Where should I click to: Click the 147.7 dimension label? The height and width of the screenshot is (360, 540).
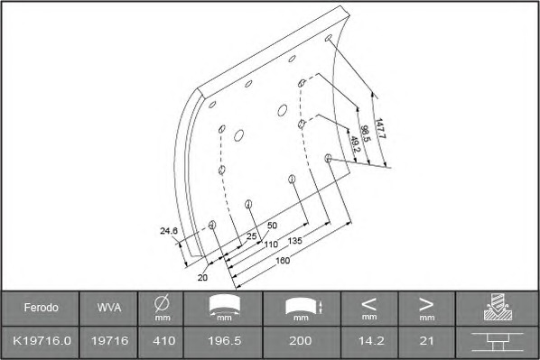coord(380,128)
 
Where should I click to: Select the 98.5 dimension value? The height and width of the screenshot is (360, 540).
coord(366,134)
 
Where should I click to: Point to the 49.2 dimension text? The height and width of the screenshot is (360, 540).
coord(355,144)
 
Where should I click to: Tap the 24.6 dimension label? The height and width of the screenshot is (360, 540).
coord(169,231)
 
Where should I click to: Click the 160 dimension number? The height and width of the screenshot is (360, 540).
coord(283,261)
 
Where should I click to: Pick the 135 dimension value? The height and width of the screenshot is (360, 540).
coord(294,241)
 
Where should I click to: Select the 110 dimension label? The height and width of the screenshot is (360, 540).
coord(271,245)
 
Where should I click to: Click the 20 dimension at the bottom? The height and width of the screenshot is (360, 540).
coord(202,277)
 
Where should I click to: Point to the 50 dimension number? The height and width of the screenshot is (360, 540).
coord(272,226)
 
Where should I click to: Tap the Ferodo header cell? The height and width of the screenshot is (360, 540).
coord(41,308)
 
